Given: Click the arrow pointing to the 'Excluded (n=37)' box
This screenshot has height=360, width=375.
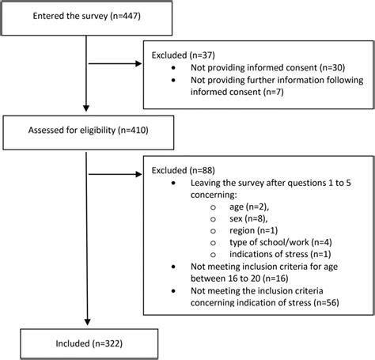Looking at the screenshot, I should pos(115,64).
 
